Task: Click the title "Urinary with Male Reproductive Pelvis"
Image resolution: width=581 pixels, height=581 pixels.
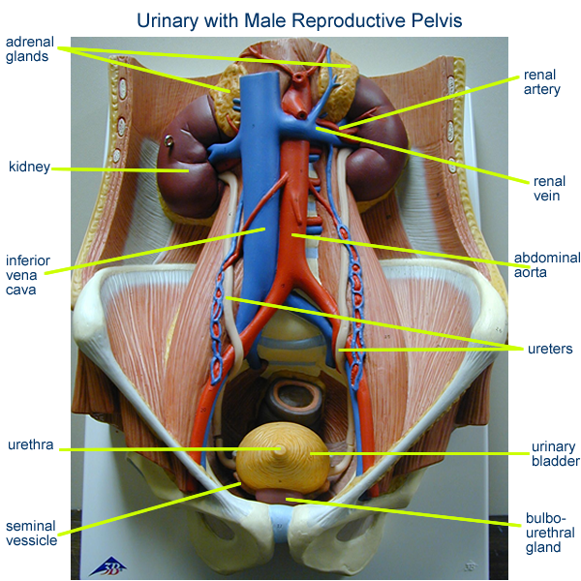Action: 299,20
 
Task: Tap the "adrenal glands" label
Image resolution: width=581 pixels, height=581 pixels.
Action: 30,49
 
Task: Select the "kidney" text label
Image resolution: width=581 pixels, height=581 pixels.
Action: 29,167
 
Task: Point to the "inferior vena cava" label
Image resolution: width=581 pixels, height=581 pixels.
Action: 28,275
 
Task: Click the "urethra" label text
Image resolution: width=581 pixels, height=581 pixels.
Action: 30,444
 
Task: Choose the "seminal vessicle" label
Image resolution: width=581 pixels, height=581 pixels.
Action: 32,533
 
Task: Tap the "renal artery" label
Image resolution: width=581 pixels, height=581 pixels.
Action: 541,82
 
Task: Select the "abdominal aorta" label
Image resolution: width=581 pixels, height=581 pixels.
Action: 547,265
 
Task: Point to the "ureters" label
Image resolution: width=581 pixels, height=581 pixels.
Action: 550,349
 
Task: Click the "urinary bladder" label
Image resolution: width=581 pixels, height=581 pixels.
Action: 556,453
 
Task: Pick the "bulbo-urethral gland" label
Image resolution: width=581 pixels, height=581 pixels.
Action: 550,533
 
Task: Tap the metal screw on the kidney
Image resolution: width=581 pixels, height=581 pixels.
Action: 168,140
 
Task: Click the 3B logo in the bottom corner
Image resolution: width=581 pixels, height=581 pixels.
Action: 108,566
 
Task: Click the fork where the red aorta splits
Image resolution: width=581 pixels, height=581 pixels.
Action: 293,283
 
